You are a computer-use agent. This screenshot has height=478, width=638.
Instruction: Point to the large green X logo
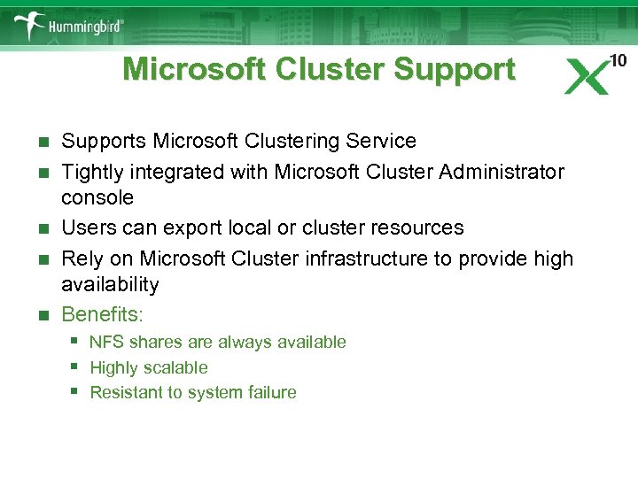587,77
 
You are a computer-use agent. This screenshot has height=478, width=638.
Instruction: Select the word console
97,197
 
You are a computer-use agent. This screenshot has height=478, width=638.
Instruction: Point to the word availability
110,285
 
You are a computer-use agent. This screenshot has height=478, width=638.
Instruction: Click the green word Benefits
100,314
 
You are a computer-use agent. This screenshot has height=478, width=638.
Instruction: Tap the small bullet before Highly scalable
76,366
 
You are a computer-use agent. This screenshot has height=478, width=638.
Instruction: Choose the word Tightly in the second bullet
90,172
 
